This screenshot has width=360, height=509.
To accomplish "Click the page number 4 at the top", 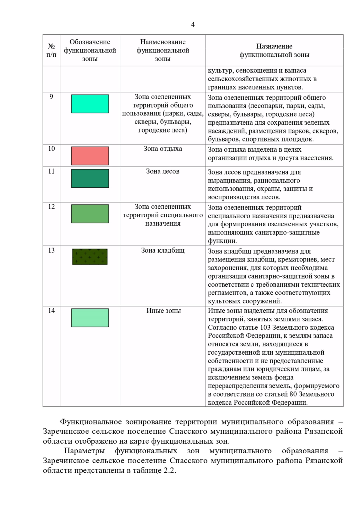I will point(193,25).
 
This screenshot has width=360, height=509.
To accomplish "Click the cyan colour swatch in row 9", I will point(90,104).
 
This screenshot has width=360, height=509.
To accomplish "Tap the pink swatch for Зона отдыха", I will point(90,156).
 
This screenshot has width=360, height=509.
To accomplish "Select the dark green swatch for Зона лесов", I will point(90,178).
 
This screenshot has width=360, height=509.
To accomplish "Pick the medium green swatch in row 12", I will point(90,214).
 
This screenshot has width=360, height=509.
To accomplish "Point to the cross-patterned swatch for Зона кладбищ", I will point(90,257).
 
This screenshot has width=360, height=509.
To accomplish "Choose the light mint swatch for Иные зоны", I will point(90,318).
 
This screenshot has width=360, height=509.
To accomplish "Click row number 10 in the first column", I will point(51,149).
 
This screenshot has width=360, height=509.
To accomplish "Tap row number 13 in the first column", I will point(51,250).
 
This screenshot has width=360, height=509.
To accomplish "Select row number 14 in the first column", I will point(51,311).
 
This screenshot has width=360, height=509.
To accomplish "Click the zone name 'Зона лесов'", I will point(163,171).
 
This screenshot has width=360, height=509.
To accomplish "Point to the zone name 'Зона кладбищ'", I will point(163,251).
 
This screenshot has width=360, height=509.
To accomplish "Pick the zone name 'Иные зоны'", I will point(163,311).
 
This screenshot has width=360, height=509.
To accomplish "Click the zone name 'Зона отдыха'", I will point(163,149).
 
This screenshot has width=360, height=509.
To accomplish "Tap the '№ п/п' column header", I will point(51,50).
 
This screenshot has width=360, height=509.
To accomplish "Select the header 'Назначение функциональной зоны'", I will point(274,50).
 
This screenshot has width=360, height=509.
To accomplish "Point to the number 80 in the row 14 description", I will point(294,394).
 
